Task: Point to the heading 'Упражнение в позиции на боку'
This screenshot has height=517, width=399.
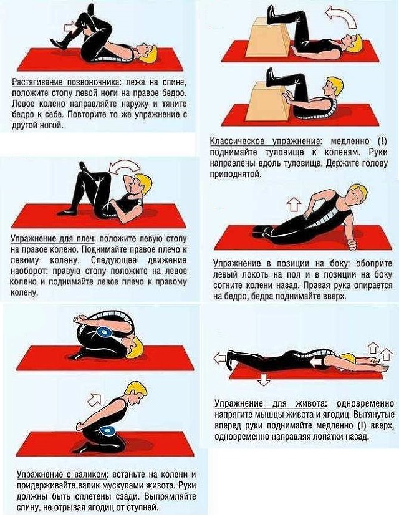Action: [x=281, y=263]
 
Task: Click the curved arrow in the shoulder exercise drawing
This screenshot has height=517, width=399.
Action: [x=124, y=168]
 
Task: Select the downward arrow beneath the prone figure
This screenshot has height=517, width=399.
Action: [x=262, y=379]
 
